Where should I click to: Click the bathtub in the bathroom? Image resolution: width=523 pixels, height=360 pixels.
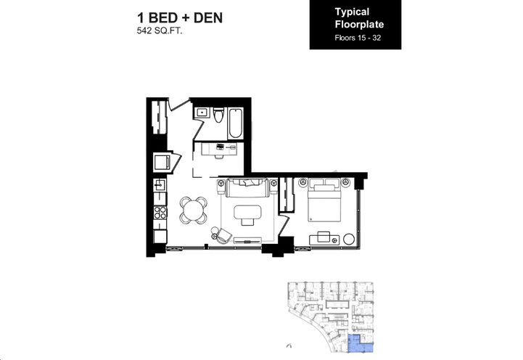click(236, 123)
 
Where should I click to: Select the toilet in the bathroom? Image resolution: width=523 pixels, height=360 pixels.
click(218, 114)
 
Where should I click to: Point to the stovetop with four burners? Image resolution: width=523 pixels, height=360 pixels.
click(160, 213)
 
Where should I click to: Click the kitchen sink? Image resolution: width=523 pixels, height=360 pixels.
click(160, 187)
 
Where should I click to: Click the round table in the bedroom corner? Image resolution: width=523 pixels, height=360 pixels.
click(348, 238)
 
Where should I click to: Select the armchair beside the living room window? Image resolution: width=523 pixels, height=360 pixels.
click(221, 234)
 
